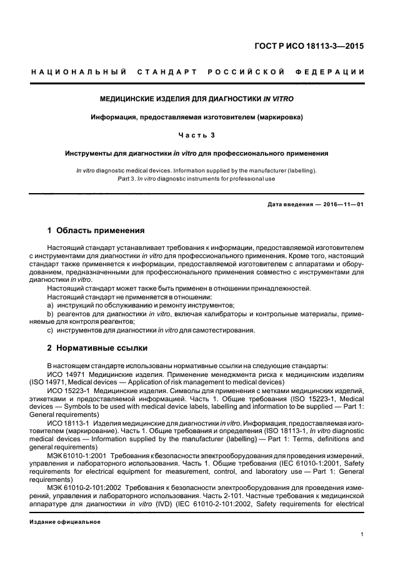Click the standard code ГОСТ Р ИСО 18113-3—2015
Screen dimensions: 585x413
318,46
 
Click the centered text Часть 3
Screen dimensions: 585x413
197,134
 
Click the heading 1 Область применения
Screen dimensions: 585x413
96,230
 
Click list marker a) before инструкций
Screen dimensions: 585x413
50,305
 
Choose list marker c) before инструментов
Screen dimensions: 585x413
50,330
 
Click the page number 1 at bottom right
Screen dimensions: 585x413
362,534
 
